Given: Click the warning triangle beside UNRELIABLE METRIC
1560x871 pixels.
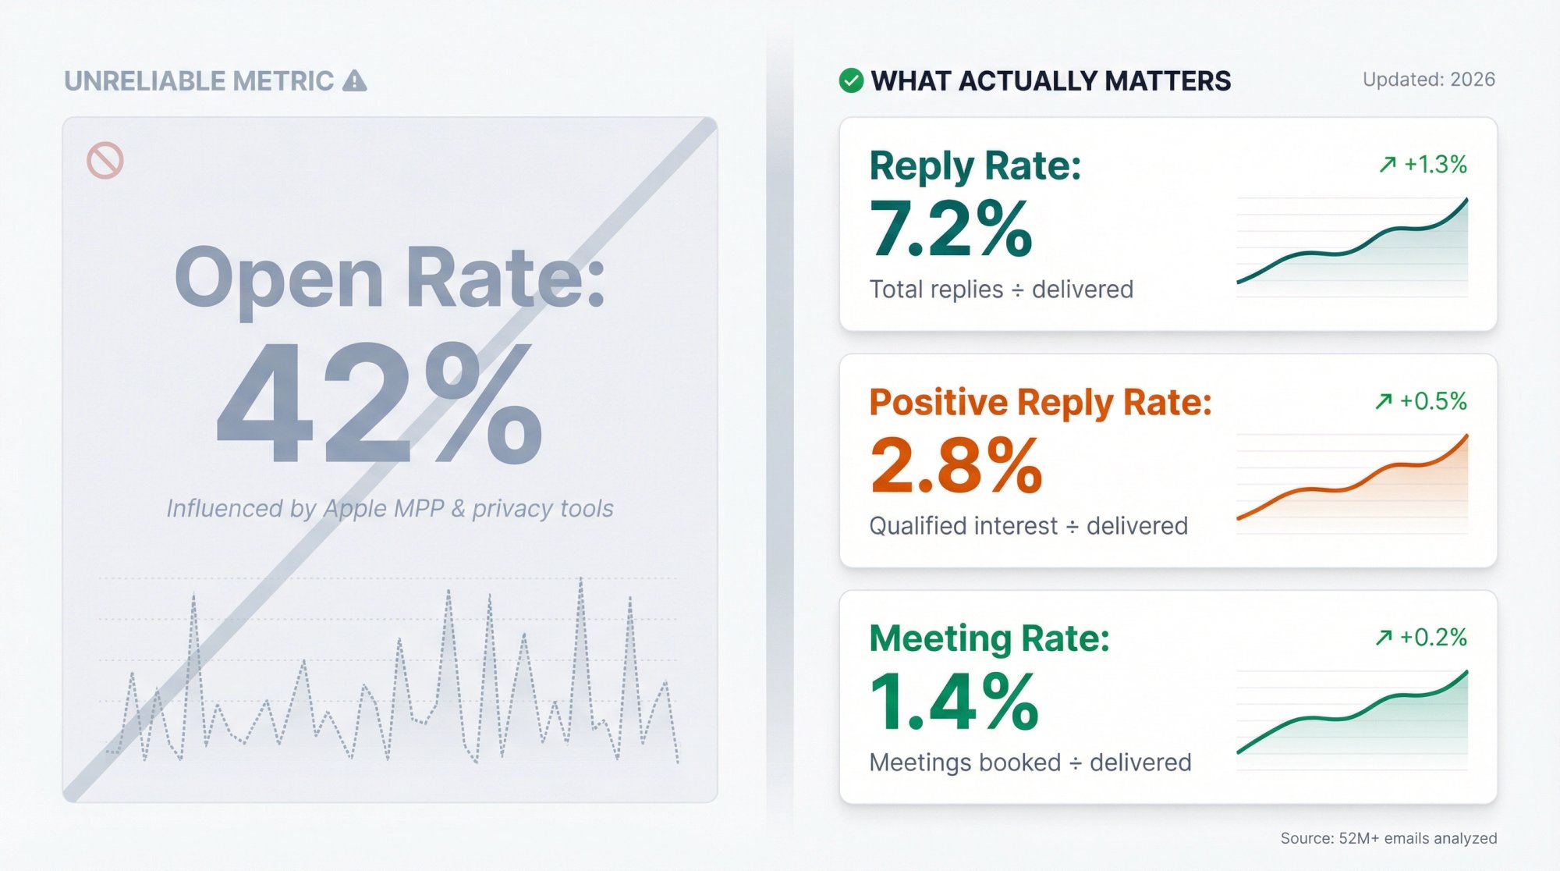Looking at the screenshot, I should tap(355, 80).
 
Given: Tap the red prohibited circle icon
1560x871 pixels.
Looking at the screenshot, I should tap(105, 161).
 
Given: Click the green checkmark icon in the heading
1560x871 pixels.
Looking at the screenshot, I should tap(851, 80).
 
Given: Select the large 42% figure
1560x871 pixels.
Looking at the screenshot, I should tap(379, 404).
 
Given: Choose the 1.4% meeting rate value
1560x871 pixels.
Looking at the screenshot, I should tap(954, 702).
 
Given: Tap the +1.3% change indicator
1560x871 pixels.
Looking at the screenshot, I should tap(1423, 165).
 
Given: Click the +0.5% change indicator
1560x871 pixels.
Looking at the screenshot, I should tap(1421, 401).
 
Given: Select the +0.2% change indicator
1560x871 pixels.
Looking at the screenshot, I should tap(1421, 638).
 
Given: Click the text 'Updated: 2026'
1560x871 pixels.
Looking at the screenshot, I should tap(1428, 80).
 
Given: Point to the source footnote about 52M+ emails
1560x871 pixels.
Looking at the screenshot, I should tap(1388, 838).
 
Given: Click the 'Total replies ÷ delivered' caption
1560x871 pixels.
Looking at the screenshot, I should tap(1002, 290).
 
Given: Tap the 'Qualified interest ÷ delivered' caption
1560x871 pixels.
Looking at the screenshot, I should tap(1028, 526).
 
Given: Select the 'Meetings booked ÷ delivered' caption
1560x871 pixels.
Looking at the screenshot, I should tap(1030, 763).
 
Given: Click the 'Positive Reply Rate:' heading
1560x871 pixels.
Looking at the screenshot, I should tap(1041, 403).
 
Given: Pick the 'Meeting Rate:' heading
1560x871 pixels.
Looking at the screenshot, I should tap(989, 638).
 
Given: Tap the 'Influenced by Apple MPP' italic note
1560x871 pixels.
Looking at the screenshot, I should tap(390, 509).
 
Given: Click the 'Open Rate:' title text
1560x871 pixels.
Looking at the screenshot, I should tap(389, 279).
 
